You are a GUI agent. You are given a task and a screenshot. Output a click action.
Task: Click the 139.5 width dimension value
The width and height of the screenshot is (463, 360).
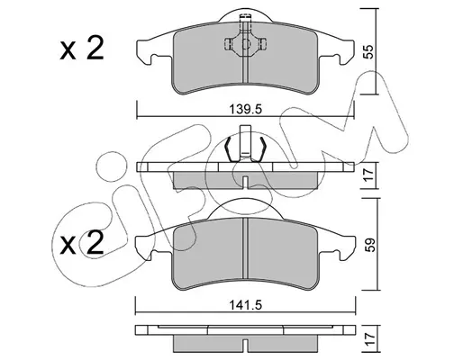[246, 109]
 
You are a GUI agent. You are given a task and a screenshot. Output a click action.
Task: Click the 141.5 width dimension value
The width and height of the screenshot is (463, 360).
[246, 305]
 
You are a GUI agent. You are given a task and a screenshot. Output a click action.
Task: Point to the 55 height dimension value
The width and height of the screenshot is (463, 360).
[369, 51]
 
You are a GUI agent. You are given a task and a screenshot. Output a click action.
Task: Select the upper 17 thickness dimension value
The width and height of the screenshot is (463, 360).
[369, 175]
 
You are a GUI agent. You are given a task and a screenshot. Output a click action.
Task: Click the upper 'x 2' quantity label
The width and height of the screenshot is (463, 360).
[82, 48]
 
